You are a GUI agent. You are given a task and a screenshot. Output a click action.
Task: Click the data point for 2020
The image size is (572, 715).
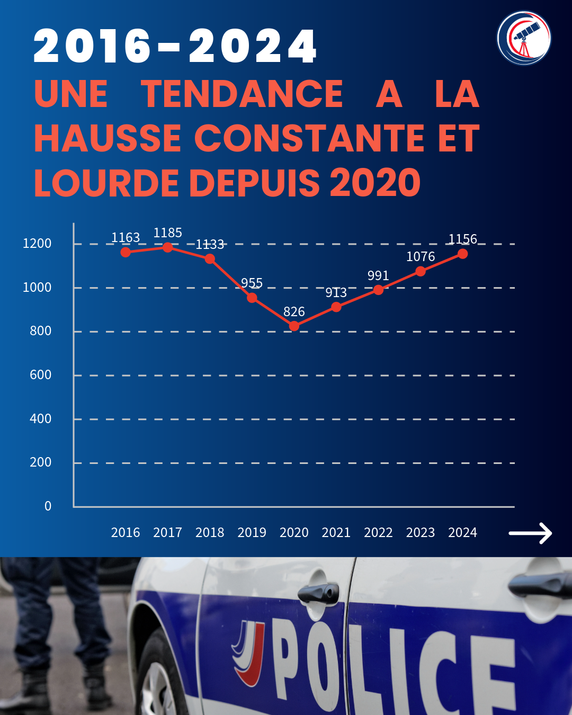[294, 326]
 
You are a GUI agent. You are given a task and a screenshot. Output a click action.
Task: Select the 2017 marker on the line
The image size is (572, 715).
[167, 247]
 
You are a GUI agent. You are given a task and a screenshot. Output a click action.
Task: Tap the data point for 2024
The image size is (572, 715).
[462, 254]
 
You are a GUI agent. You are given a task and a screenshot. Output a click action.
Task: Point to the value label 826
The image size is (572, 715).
[294, 312]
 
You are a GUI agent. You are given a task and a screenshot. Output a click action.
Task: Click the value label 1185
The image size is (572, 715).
[167, 233]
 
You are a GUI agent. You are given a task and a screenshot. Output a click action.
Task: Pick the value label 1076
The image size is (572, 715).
[421, 257]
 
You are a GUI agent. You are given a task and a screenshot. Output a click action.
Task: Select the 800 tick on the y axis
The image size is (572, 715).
[41, 331]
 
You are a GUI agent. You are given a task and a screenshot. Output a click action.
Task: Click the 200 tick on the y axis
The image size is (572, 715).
[41, 462]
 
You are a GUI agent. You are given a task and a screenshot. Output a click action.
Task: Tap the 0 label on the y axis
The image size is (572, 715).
[48, 506]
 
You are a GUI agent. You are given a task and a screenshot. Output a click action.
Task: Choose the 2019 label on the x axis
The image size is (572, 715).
[252, 532]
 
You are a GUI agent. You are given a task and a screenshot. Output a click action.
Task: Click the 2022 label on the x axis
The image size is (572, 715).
[378, 532]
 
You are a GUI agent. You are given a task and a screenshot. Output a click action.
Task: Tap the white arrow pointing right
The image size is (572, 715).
[530, 533]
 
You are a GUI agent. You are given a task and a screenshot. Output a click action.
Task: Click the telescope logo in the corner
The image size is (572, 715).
[524, 38]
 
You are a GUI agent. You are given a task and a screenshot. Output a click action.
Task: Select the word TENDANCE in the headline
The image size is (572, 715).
[242, 94]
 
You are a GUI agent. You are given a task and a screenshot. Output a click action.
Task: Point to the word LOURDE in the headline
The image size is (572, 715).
[106, 183]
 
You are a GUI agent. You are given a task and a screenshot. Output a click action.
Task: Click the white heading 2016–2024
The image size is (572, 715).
[175, 47]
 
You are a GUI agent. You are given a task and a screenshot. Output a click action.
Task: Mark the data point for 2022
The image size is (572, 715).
[378, 290]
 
